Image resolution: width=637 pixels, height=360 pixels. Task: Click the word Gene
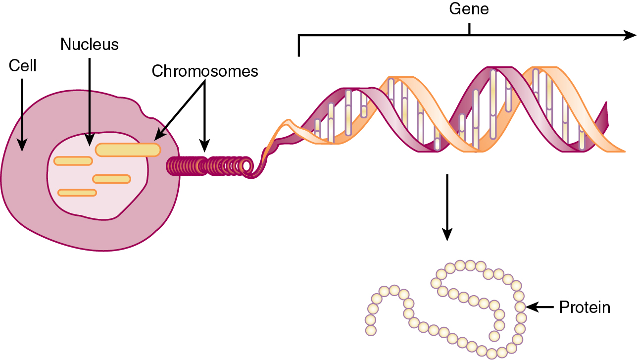(x=468, y=9)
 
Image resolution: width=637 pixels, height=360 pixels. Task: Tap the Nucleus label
(x=90, y=45)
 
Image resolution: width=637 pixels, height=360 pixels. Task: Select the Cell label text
(x=23, y=66)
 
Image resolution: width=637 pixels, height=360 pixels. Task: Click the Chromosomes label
(x=205, y=71)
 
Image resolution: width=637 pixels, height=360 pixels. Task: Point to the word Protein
(x=585, y=308)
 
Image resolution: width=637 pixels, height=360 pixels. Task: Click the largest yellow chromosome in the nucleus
(x=128, y=150)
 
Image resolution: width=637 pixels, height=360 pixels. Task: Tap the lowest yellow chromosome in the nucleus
(x=77, y=193)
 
